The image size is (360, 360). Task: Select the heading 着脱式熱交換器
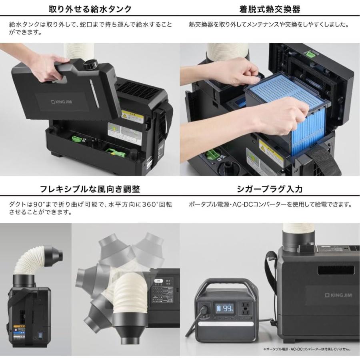tap(270, 8)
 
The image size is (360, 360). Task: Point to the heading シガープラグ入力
tap(270, 189)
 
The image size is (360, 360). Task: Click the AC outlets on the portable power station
tap(245, 308)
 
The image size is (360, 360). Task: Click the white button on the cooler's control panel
tap(159, 281)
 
